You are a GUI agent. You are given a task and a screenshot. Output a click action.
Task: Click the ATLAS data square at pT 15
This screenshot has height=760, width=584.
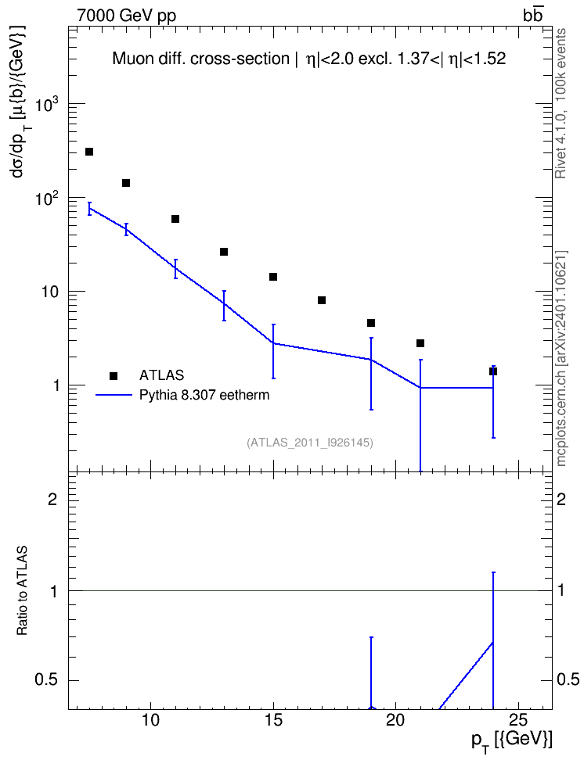click(273, 277)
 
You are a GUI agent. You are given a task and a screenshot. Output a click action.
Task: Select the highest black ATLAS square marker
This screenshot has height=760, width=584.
click(88, 152)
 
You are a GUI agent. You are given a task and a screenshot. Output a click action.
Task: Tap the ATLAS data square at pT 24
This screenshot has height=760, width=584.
click(493, 371)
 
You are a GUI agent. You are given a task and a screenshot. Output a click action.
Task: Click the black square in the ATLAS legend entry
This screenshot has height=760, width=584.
click(114, 375)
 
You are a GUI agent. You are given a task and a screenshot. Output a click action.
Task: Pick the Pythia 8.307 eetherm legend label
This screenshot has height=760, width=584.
click(204, 395)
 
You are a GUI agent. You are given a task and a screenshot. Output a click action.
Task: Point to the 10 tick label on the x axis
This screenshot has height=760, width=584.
click(151, 720)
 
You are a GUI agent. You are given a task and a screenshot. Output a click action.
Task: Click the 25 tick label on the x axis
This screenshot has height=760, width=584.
click(518, 720)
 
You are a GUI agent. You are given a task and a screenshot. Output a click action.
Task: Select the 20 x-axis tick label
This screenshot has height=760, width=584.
click(395, 720)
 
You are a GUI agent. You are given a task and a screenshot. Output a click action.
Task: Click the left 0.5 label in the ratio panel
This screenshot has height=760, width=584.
click(45, 680)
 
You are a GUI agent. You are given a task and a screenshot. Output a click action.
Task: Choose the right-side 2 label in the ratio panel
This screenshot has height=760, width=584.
click(561, 499)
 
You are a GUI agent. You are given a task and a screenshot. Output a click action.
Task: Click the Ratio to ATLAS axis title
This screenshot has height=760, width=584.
click(22, 591)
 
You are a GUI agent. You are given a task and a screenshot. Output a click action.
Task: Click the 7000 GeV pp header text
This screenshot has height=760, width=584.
click(127, 16)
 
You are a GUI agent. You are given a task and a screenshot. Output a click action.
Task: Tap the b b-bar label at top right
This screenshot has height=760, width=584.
click(532, 16)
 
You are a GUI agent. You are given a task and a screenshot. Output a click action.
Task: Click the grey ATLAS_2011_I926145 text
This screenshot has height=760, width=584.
click(310, 443)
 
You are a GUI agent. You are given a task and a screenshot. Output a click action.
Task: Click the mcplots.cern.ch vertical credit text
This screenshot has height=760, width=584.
click(561, 359)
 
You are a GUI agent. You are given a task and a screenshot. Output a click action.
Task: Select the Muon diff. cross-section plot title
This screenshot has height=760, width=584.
click(308, 59)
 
